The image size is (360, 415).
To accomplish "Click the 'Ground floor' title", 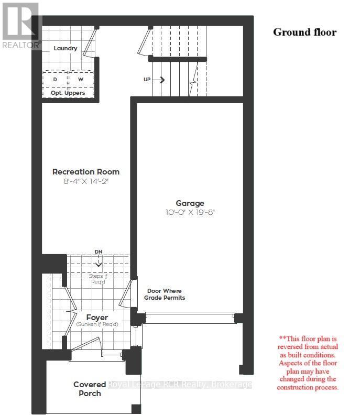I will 304,32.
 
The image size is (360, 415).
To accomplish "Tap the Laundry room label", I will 66,48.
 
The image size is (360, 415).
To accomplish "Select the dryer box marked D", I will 55,79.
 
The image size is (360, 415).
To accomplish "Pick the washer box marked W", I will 81,79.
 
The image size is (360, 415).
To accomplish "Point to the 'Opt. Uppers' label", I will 68,93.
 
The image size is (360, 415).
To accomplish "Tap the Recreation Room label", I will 86,171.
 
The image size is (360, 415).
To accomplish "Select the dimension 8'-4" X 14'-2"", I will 86,181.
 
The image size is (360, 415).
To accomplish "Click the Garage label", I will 190,203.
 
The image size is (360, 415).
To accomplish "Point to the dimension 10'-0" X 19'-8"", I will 190,213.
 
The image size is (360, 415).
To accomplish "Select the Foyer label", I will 97,318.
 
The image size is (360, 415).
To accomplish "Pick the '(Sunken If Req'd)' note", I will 97,325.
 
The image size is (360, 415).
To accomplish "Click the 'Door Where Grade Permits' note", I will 165,294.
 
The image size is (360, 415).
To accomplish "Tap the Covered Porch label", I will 90,389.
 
